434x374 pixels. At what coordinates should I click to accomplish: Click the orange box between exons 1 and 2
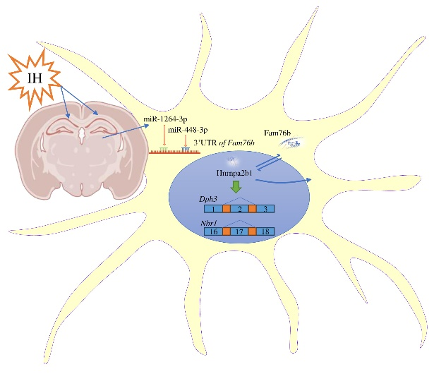click(226, 210)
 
